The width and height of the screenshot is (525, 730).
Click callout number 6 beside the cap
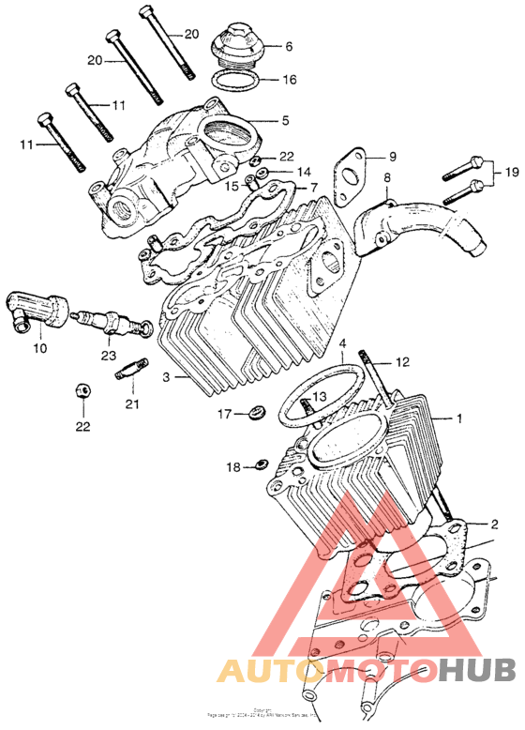(289, 46)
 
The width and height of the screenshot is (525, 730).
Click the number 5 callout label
(285, 120)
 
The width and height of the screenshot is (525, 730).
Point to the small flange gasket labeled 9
(352, 175)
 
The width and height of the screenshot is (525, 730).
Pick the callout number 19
(511, 172)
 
